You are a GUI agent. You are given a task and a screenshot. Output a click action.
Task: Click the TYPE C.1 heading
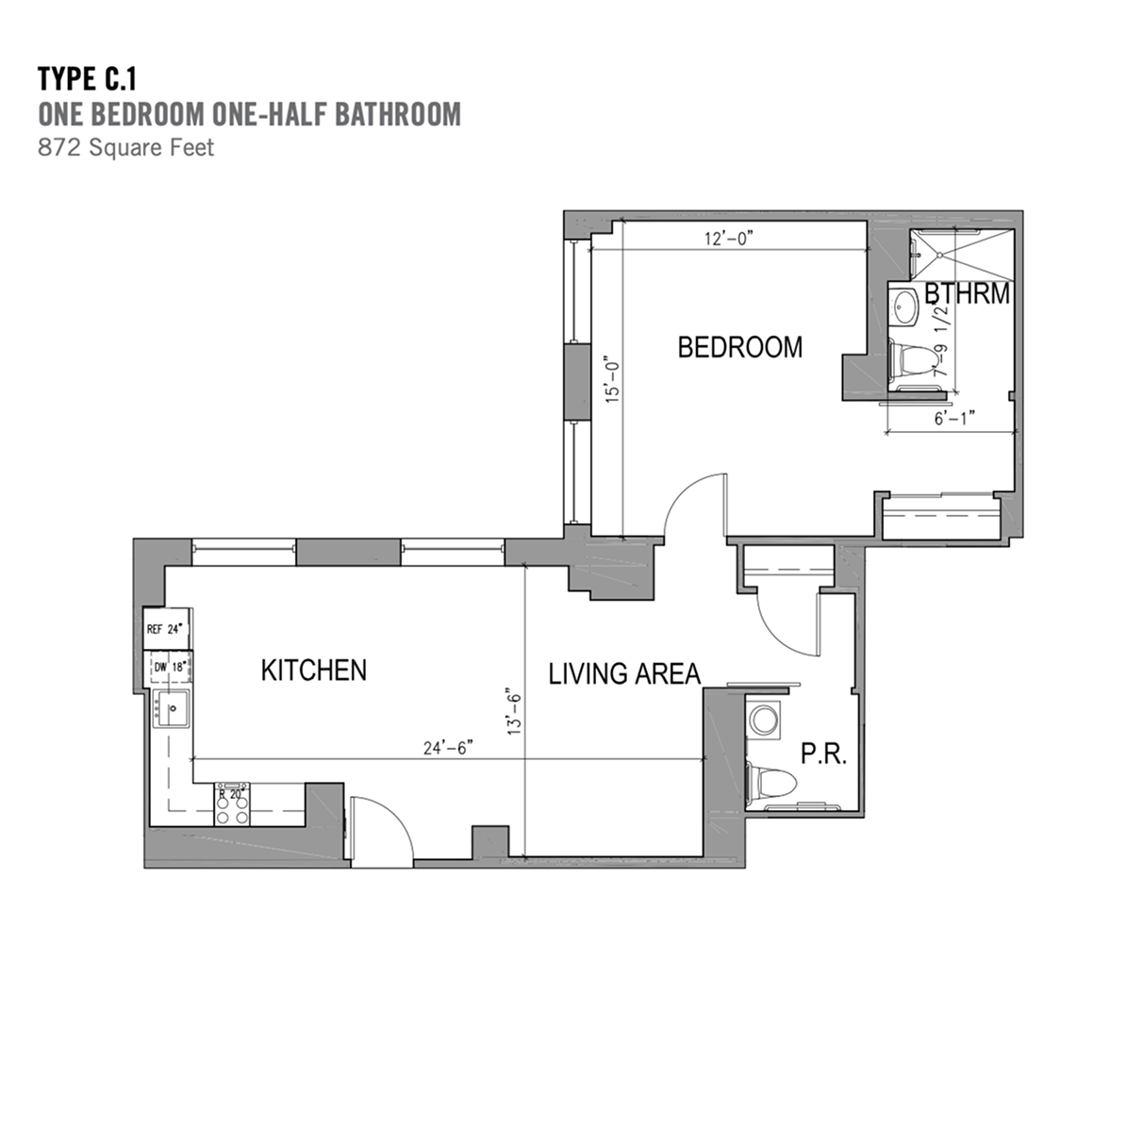[87, 79]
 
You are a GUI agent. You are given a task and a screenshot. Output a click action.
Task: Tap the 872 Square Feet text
[125, 147]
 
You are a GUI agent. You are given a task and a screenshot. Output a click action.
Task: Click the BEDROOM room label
[740, 347]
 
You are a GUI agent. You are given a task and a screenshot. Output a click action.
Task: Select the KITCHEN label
[314, 670]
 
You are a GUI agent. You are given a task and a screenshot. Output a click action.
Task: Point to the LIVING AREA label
[624, 673]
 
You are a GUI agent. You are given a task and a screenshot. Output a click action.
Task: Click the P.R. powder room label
[824, 753]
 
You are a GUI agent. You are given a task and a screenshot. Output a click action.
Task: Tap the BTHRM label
[968, 293]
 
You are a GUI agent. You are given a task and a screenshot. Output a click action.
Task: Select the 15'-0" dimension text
[611, 378]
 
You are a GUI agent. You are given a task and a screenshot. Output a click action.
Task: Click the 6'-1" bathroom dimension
[954, 418]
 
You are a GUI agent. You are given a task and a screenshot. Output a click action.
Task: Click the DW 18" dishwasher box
[171, 667]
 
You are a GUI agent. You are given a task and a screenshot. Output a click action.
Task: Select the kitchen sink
[171, 708]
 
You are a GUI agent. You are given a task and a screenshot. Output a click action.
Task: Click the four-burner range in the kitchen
[232, 804]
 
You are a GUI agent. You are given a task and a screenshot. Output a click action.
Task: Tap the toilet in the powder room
[771, 783]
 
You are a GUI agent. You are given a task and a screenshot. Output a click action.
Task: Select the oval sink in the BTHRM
[904, 307]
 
